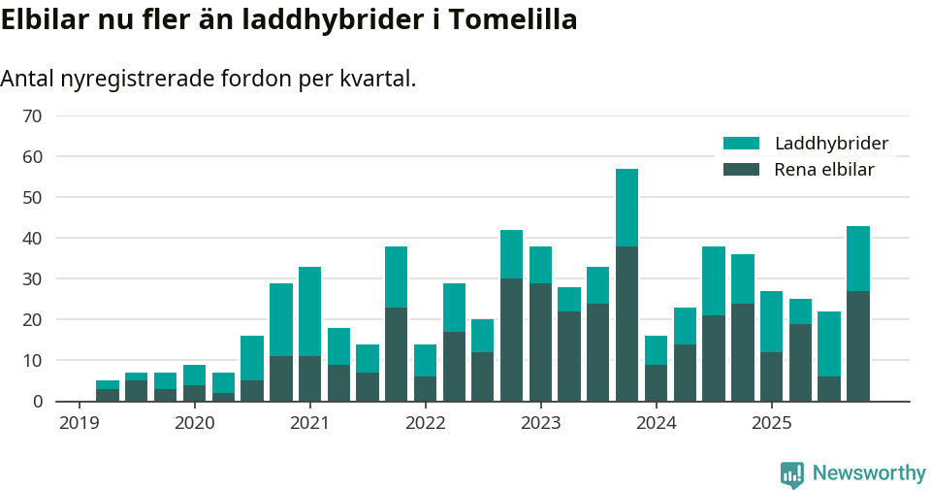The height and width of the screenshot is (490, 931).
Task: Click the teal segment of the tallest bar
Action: pos(626,207)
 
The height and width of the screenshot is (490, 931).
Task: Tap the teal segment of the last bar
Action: pos(857,258)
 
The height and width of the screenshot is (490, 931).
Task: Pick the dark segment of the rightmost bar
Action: pos(857,345)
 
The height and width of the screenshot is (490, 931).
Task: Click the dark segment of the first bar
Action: pos(108,395)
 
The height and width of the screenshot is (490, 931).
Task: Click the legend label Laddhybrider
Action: pos(831,144)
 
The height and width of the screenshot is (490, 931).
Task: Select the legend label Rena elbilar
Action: pos(823,170)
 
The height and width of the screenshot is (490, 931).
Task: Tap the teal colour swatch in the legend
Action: pos(742,144)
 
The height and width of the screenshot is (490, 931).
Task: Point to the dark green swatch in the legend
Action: pos(742,170)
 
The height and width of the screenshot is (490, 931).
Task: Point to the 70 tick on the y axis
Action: pos(32,116)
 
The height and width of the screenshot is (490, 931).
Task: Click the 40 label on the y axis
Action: pos(32,239)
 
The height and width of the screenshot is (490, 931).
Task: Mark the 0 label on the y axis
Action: pos(37,402)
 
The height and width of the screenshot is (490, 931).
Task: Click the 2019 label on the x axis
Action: pos(80,423)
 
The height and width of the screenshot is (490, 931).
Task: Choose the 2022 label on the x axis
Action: pos(425,423)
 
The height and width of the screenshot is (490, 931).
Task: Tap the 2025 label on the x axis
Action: pos(771,423)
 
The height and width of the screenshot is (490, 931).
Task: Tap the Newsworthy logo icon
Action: pos(792,474)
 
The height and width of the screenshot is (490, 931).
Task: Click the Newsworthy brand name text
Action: pos(869,474)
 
